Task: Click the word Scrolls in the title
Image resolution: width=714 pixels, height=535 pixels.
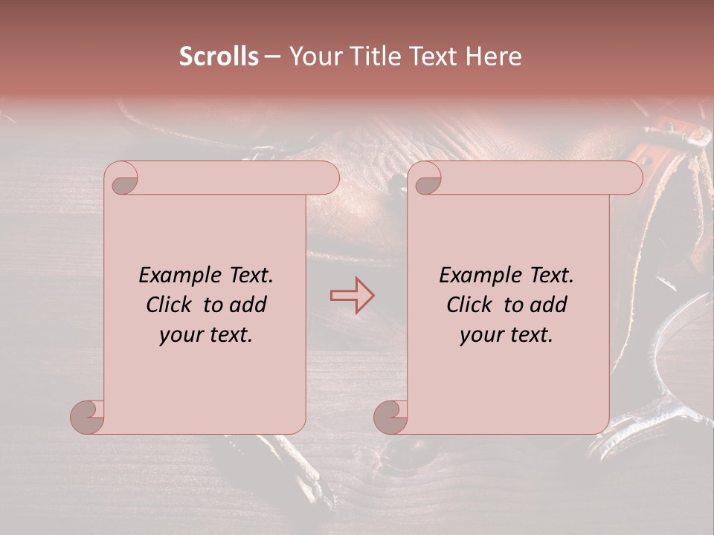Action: coord(219,56)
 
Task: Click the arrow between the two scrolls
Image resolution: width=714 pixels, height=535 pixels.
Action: coord(352,296)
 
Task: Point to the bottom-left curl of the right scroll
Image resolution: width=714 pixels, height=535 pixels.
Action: coord(391,417)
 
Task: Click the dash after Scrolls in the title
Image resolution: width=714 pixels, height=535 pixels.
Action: coord(272,57)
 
